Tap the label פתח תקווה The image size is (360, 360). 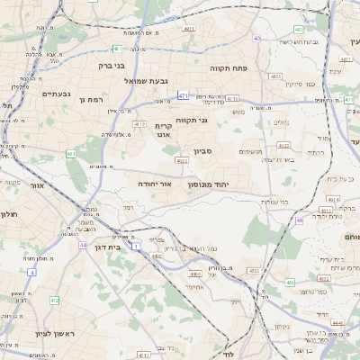pyautogui.click(x=228, y=67)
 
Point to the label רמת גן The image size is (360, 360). pyautogui.click(x=93, y=99)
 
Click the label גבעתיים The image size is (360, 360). pyautogui.click(x=56, y=94)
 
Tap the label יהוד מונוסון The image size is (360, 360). pyautogui.click(x=235, y=184)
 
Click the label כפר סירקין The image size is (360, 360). pyautogui.click(x=306, y=84)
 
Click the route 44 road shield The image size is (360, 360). pyautogui.click(x=82, y=245)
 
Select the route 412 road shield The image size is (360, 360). pyautogui.click(x=139, y=123)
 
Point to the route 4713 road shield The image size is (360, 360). pyautogui.click(x=232, y=99)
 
